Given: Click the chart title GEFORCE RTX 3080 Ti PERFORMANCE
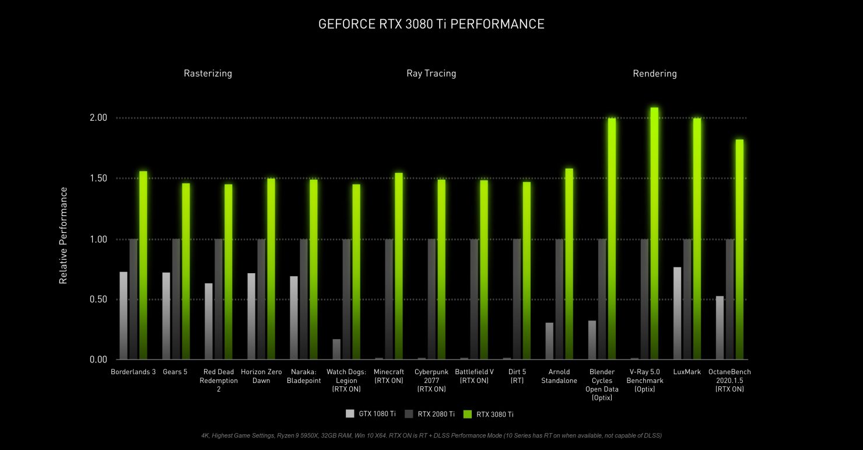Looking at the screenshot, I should pyautogui.click(x=431, y=24).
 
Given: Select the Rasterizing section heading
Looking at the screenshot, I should pyautogui.click(x=208, y=74).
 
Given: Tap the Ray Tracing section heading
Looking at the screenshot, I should pyautogui.click(x=431, y=74).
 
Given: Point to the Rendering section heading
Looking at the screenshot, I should pyautogui.click(x=654, y=74).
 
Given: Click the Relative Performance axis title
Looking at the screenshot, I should pyautogui.click(x=63, y=235).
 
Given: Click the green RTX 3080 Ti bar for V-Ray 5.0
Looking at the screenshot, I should pyautogui.click(x=654, y=233).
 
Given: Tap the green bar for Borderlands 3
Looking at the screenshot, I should pyautogui.click(x=143, y=266).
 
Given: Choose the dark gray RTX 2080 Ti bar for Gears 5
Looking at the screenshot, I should pyautogui.click(x=176, y=299).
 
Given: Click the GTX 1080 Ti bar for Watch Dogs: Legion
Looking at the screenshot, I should pyautogui.click(x=336, y=349).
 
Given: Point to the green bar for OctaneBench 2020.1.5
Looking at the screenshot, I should pyautogui.click(x=739, y=250).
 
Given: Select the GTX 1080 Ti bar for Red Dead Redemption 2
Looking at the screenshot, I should pyautogui.click(x=209, y=322).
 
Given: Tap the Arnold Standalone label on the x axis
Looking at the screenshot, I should pyautogui.click(x=558, y=376).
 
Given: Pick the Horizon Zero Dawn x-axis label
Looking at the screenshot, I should pyautogui.click(x=261, y=376).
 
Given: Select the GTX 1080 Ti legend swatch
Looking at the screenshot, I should pyautogui.click(x=350, y=414).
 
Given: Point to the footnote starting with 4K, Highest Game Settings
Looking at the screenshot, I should pyautogui.click(x=431, y=435).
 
